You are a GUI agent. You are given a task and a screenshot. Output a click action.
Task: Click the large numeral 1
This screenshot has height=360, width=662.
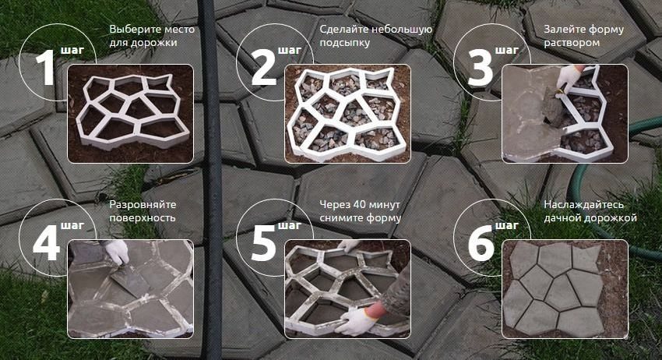(x=46, y=68)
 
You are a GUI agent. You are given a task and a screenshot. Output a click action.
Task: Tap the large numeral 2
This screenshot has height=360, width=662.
(x=264, y=68)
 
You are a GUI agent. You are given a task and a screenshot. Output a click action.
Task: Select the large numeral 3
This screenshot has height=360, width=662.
(x=481, y=68)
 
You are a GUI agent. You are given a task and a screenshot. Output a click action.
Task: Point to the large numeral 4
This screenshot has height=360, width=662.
(x=46, y=243)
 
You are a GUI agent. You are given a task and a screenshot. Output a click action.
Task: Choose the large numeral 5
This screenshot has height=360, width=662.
(x=264, y=243)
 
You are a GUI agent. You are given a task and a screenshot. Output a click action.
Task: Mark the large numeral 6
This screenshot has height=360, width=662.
(x=481, y=243)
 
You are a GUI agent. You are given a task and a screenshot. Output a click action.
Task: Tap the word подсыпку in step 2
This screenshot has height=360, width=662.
(x=344, y=43)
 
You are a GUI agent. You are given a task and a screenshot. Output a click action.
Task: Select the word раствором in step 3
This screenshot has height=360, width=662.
(x=572, y=43)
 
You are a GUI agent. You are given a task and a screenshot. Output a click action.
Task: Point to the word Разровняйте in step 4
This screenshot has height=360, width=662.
(x=143, y=205)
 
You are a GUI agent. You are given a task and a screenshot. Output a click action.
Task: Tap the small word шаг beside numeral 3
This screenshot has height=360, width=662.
(x=507, y=51)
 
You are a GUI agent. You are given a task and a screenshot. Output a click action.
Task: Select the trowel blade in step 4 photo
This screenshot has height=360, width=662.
(x=129, y=281)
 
